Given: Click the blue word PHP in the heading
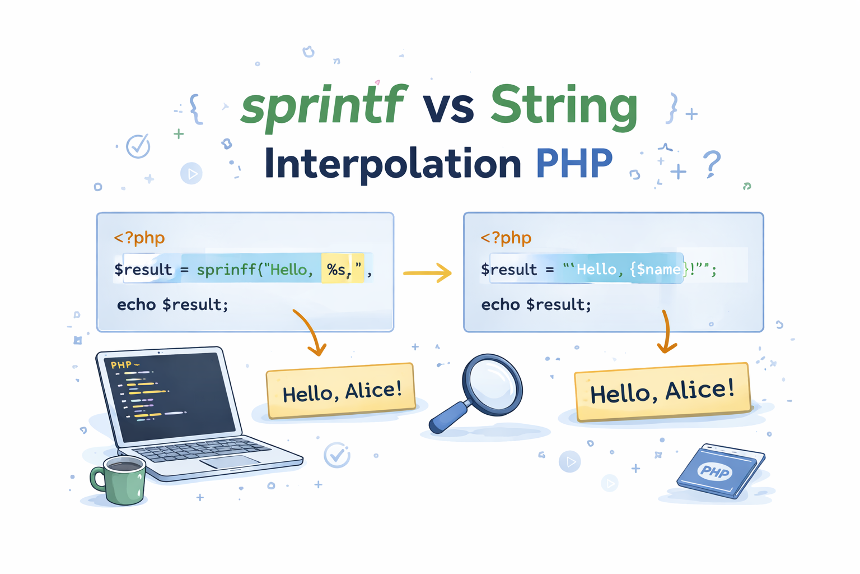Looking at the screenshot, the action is click(x=574, y=163).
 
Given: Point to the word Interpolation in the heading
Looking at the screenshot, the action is click(x=392, y=165).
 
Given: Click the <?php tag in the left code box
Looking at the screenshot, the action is click(x=139, y=238).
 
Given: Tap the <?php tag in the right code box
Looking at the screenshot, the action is click(x=506, y=238).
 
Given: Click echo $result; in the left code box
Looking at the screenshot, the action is click(x=172, y=304).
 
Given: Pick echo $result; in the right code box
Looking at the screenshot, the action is click(x=536, y=304).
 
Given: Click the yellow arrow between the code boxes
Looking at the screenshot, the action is click(x=427, y=273).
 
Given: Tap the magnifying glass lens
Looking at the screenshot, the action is click(x=493, y=385).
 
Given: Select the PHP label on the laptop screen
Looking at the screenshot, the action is click(x=121, y=364).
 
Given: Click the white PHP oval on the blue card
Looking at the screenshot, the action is click(x=714, y=471).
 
